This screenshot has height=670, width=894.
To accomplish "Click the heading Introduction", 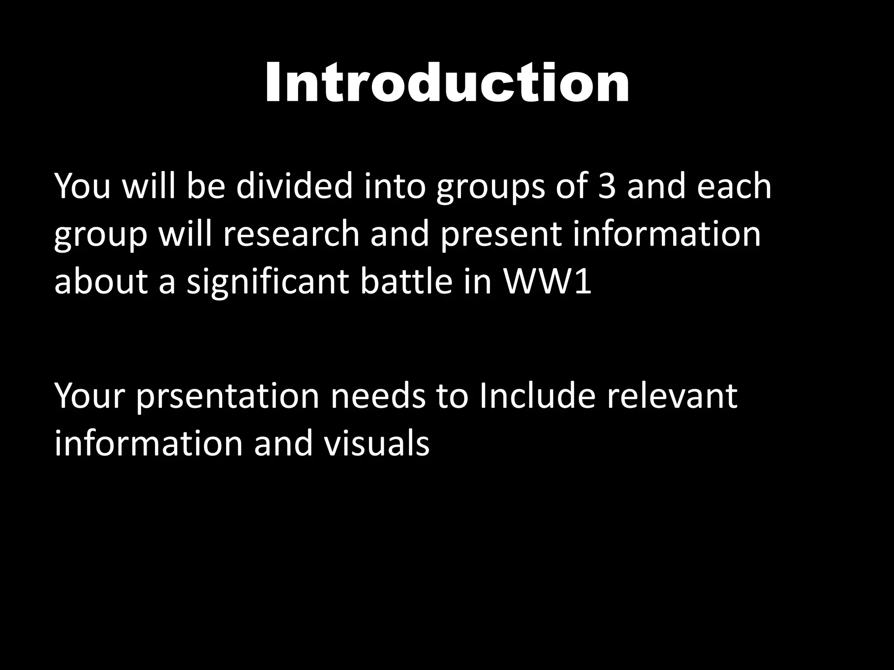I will coord(447,83).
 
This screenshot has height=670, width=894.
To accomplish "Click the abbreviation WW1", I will coord(548,282).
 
